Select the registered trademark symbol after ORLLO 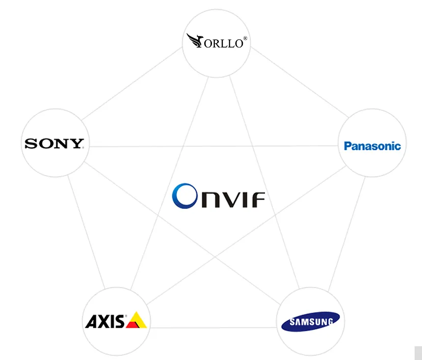(x=245, y=37)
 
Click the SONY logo (x=54, y=144)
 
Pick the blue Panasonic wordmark (x=372, y=146)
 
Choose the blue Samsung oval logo (x=310, y=322)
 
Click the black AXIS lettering (x=105, y=321)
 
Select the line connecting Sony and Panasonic (x=211, y=146)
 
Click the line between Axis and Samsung (x=211, y=328)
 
